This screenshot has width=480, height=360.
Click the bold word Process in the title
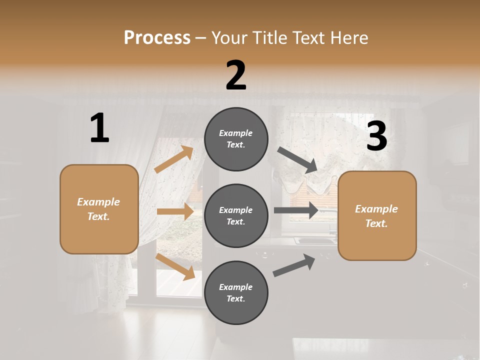157,37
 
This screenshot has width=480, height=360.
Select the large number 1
99,128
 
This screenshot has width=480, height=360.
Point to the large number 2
236,75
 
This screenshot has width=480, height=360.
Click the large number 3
376,136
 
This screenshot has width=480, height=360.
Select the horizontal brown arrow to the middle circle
175,211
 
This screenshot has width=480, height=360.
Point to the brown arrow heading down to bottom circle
175,266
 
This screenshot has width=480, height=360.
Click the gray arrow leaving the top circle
297,160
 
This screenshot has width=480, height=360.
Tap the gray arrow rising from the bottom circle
294,265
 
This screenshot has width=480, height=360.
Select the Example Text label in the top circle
236,139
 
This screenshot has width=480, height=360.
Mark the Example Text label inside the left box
99,209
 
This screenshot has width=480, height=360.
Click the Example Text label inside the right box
377,216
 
